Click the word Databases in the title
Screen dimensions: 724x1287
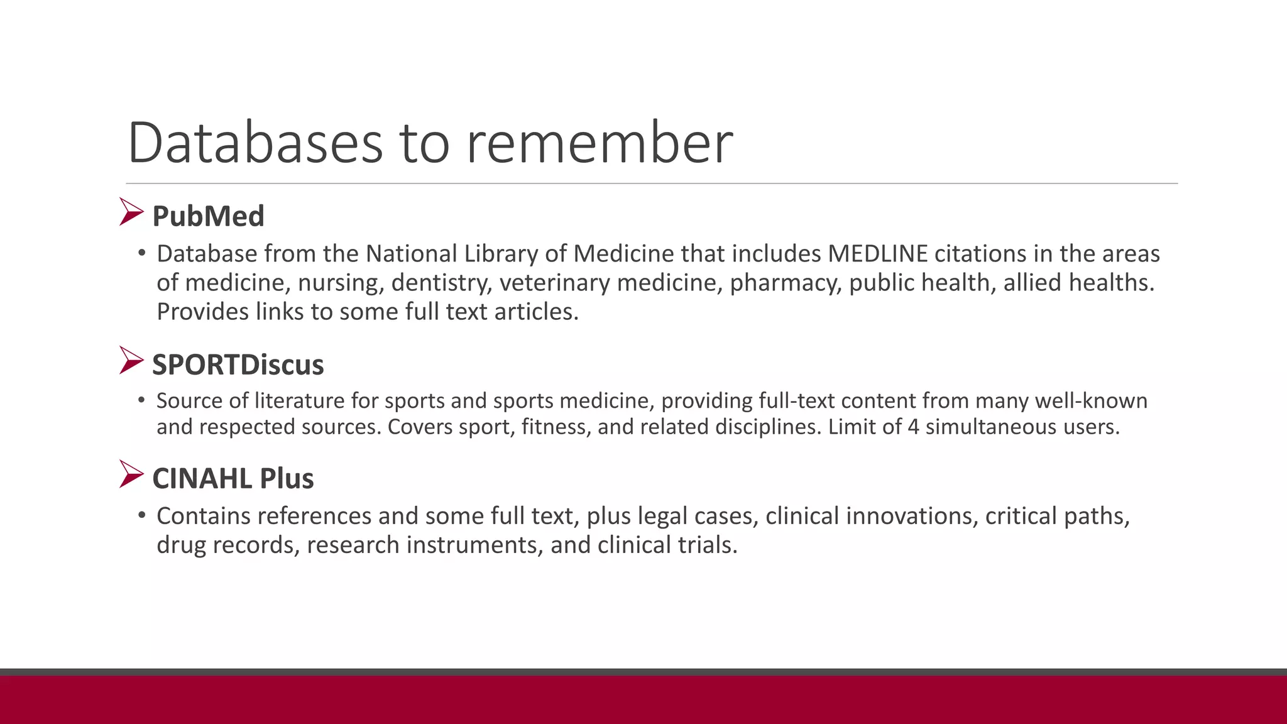[x=255, y=143]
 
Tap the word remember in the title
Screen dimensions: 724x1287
[x=600, y=143]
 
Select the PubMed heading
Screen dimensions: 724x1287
[x=208, y=216]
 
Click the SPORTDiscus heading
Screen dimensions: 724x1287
[x=238, y=365]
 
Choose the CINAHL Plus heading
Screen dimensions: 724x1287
[x=233, y=478]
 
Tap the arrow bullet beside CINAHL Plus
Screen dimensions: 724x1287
[x=131, y=474]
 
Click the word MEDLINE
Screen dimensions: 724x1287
[x=877, y=254]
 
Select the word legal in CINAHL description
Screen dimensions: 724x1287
[x=662, y=516]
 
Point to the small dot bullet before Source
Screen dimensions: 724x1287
[x=142, y=400]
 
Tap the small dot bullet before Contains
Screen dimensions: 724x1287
[x=142, y=515]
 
